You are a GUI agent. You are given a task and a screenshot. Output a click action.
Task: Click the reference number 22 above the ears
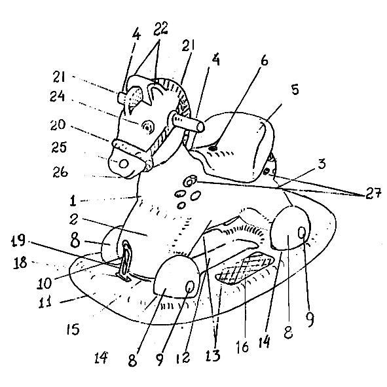coord(160,29)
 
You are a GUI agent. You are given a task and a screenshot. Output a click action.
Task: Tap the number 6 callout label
coord(265,60)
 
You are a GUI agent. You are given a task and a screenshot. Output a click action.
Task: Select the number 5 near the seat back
coord(295,89)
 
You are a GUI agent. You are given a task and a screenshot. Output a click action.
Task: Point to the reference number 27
coord(373,193)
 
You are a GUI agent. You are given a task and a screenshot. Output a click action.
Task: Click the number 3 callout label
coord(322,164)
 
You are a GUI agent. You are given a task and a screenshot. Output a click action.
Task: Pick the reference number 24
coord(57,96)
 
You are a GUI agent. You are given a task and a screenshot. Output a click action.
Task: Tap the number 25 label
coord(59,147)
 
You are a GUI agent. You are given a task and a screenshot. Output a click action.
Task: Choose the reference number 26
coord(60,172)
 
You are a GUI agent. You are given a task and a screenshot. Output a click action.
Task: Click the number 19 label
coord(18,240)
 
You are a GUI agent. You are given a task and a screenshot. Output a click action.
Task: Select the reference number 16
coord(242,347)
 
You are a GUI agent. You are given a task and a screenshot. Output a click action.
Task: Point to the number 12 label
coord(183,357)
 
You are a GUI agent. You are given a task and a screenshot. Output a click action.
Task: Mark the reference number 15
coord(73,329)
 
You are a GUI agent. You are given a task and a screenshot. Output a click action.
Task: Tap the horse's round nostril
coord(123,164)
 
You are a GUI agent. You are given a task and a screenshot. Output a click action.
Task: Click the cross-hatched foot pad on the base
coord(245,268)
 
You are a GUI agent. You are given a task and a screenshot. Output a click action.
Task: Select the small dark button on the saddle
coord(213,149)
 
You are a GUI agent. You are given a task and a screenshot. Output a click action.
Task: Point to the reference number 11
coord(45,301)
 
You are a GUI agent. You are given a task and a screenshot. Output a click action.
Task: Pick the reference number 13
coord(213,356)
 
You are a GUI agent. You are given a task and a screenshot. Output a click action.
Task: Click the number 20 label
coord(58,125)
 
